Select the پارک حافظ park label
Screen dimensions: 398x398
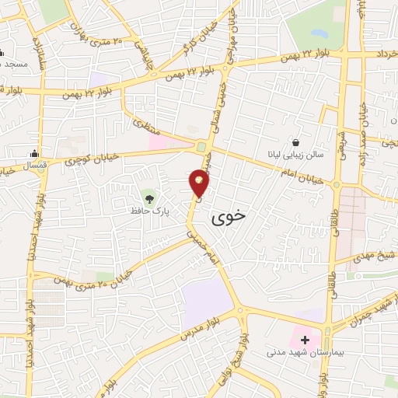point(149,210)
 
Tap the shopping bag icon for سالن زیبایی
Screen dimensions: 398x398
point(296,142)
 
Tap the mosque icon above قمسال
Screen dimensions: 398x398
point(34,153)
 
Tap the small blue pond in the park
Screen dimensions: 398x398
point(319,34)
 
